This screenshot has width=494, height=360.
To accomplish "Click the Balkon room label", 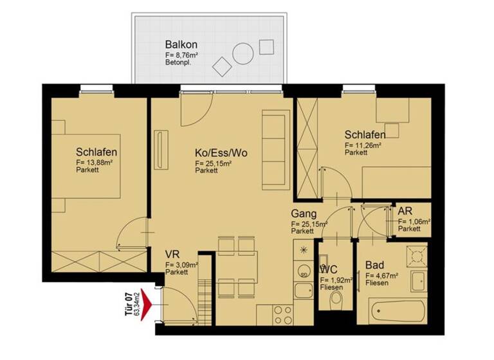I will (181, 46).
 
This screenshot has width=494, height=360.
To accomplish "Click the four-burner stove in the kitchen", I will (284, 314).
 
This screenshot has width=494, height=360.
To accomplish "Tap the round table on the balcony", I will (242, 53).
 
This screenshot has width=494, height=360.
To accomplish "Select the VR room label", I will (172, 253).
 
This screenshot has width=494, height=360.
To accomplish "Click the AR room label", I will (405, 211).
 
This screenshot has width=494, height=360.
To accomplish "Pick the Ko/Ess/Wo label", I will (221, 154).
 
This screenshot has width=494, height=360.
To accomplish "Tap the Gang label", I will (302, 213).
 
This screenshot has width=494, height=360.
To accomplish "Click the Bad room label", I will (375, 265).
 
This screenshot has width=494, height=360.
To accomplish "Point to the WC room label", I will (329, 270).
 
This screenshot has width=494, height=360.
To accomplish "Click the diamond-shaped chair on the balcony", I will (221, 66).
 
